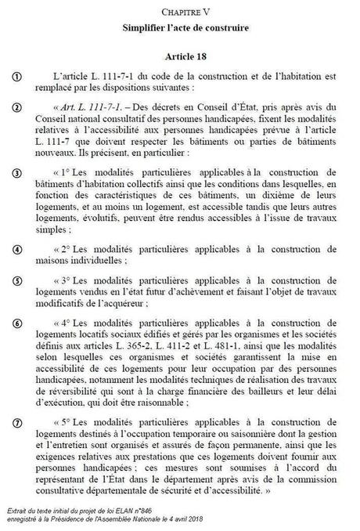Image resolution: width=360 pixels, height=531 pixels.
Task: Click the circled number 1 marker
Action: [x=16, y=76]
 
